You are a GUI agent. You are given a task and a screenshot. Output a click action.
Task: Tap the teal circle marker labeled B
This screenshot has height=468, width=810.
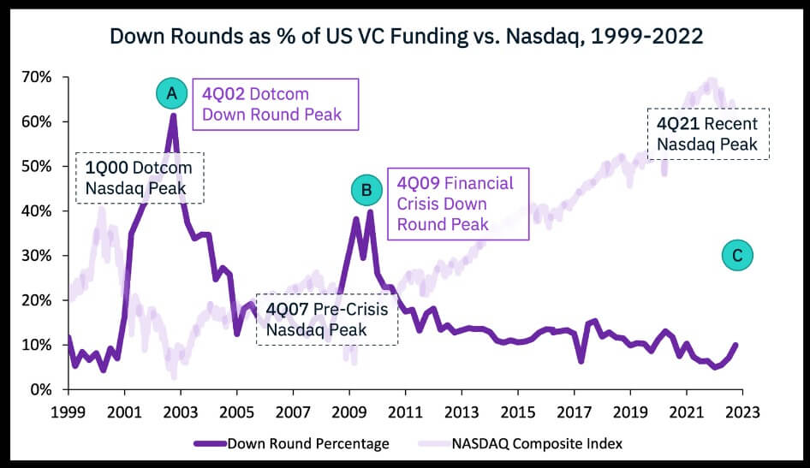[366, 192]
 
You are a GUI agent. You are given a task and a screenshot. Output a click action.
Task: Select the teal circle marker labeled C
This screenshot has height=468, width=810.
[737, 254]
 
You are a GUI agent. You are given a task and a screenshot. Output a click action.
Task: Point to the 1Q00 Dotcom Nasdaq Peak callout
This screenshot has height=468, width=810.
[140, 177]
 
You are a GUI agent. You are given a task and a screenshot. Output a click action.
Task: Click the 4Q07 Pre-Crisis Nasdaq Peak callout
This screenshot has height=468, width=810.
[327, 318]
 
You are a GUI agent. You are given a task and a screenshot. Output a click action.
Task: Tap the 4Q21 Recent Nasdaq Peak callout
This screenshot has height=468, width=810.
[707, 133]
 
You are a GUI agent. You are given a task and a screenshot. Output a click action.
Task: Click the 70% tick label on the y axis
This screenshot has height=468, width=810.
[38, 77]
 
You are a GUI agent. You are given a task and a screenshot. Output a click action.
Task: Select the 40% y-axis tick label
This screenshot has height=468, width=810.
[38, 210]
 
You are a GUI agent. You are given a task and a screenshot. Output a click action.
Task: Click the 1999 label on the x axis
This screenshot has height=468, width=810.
[68, 411]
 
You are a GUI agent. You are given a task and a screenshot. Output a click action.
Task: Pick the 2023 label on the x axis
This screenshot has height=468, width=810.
[742, 411]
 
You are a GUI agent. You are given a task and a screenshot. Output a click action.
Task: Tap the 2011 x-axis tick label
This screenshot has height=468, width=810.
[405, 411]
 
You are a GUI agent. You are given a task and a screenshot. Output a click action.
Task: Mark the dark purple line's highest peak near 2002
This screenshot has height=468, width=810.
[173, 115]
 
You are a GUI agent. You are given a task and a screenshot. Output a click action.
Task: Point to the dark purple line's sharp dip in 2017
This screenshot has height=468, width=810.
[581, 361]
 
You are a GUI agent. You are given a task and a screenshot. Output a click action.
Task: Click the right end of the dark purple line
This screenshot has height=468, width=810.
[736, 345]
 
